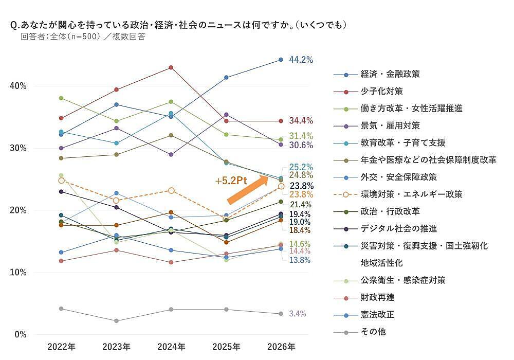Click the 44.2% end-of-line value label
tap(301, 60)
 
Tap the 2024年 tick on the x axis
tap(171, 347)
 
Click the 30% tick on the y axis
tap(20, 148)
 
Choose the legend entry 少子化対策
tap(381, 91)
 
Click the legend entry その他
tap(373, 332)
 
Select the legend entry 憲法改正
tap(377, 314)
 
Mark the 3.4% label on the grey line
tap(298, 314)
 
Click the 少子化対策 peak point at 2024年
tap(171, 67)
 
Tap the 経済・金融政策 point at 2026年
tap(281, 60)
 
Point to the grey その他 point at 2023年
tap(116, 321)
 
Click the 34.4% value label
tap(301, 121)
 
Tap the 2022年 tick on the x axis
tap(61, 347)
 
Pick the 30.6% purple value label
tap(301, 146)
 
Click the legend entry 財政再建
tap(377, 297)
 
